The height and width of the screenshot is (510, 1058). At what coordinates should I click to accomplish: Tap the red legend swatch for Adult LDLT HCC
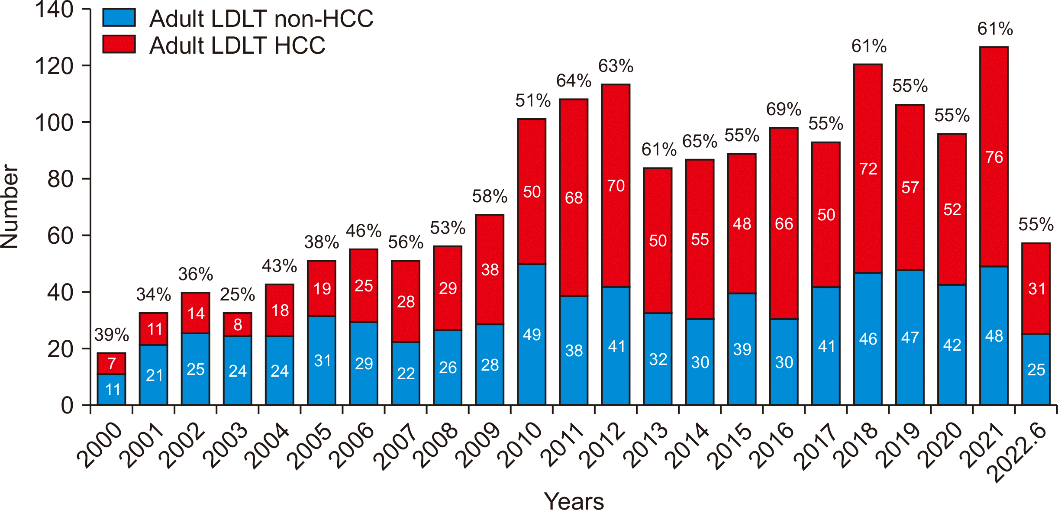tap(119, 44)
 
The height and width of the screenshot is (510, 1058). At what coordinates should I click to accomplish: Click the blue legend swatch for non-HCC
tap(119, 17)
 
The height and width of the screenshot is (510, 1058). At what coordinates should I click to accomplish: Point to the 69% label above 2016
tap(784, 109)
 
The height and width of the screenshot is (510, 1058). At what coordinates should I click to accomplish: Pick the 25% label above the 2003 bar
tap(237, 294)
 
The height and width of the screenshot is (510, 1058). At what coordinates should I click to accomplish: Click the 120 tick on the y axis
tap(55, 66)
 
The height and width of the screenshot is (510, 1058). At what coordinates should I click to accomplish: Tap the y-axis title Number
tap(10, 207)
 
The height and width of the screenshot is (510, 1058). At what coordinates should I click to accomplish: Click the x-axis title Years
tap(574, 501)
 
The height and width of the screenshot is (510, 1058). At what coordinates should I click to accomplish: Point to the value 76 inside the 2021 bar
tap(994, 157)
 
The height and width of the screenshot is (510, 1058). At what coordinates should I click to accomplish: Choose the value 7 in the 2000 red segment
tap(112, 364)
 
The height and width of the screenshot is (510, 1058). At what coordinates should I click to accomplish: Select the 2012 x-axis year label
tap(604, 446)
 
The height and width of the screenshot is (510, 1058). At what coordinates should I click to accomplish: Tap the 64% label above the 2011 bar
tap(574, 81)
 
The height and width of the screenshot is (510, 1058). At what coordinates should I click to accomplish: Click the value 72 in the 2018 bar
tap(868, 169)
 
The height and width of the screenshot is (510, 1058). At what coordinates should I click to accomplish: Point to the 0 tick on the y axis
tap(67, 406)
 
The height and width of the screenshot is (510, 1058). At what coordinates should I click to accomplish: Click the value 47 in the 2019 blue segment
tap(910, 338)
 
